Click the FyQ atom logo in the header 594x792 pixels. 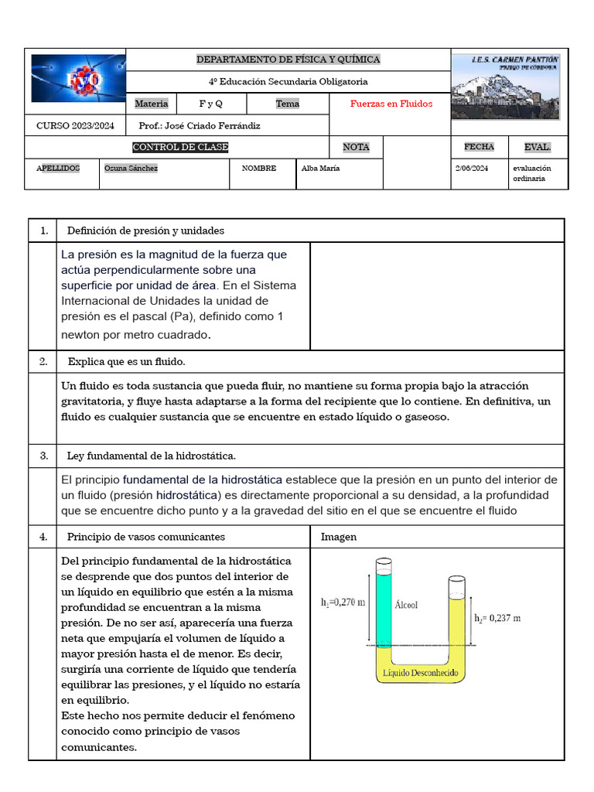pyautogui.click(x=77, y=78)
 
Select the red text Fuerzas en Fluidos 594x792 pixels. pyautogui.click(x=391, y=104)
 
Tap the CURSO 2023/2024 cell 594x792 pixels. pyautogui.click(x=75, y=125)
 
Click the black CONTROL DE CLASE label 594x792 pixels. pyautogui.click(x=180, y=147)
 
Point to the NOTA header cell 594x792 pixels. pyautogui.click(x=356, y=147)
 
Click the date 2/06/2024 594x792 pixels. pyautogui.click(x=472, y=168)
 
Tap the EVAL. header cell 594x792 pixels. pyautogui.click(x=538, y=147)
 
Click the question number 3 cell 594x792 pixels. pyautogui.click(x=44, y=456)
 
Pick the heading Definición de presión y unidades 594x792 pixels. pyautogui.click(x=145, y=230)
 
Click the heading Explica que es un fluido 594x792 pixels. pyautogui.click(x=126, y=361)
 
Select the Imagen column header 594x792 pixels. pyautogui.click(x=339, y=537)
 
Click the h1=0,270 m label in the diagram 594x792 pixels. pyautogui.click(x=343, y=602)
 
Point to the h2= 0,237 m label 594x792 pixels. pyautogui.click(x=497, y=618)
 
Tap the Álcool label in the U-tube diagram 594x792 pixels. pyautogui.click(x=406, y=605)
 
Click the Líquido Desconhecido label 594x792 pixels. pyautogui.click(x=420, y=673)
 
